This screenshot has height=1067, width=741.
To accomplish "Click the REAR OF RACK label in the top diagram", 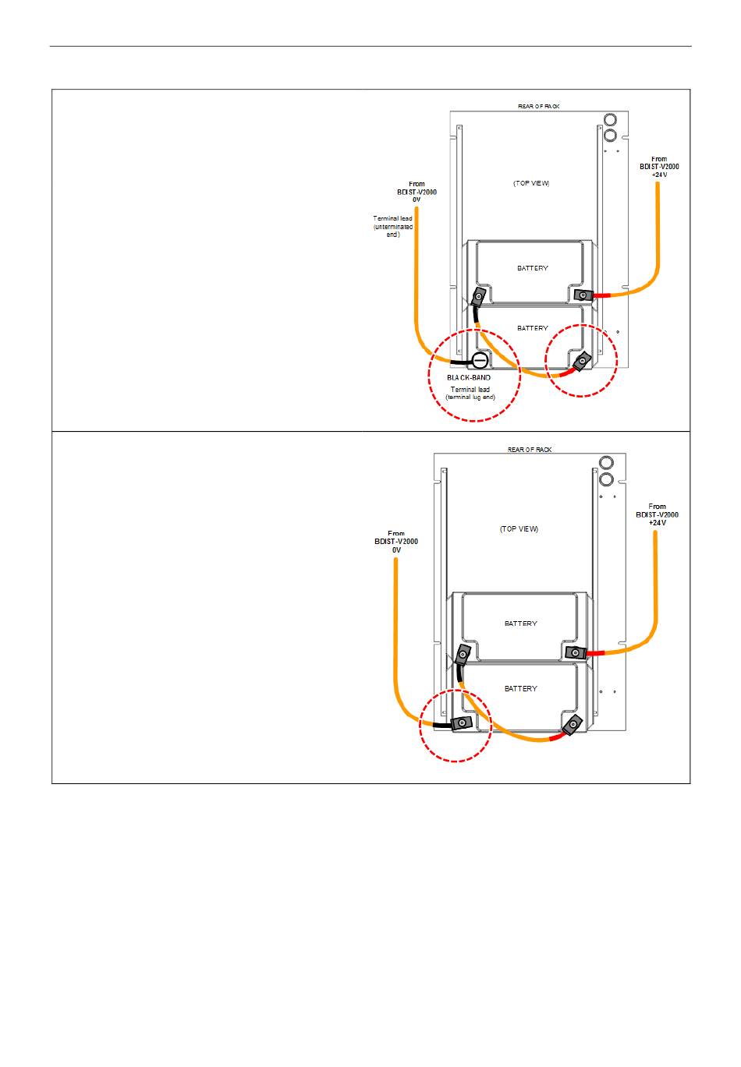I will pyautogui.click(x=539, y=106).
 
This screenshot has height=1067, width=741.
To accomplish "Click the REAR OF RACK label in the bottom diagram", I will pyautogui.click(x=530, y=450).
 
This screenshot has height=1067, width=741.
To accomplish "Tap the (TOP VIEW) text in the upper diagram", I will pyautogui.click(x=531, y=183).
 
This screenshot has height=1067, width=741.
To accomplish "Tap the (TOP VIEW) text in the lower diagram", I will pyautogui.click(x=519, y=528).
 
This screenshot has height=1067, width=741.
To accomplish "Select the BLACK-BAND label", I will pyautogui.click(x=470, y=377).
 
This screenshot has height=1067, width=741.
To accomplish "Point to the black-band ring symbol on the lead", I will pyautogui.click(x=480, y=360).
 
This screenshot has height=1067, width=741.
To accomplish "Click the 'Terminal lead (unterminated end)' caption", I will pyautogui.click(x=393, y=226).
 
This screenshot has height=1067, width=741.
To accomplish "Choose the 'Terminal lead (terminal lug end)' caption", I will pyautogui.click(x=470, y=393).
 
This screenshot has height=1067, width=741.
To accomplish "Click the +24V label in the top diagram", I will pyautogui.click(x=659, y=175).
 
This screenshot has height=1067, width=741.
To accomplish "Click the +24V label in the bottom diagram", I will pyautogui.click(x=658, y=523).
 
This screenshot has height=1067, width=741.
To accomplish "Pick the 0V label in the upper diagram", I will pyautogui.click(x=417, y=200).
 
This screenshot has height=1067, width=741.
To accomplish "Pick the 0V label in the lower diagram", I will pyautogui.click(x=396, y=549).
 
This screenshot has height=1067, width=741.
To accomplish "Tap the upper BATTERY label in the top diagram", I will pyautogui.click(x=533, y=268).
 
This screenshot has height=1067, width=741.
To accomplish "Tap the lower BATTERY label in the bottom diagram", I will pyautogui.click(x=520, y=689).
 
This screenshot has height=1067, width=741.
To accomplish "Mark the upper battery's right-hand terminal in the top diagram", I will pyautogui.click(x=581, y=295).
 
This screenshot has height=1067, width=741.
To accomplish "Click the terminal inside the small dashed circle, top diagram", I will pyautogui.click(x=582, y=362).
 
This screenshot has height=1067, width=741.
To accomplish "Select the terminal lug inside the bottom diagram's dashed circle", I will pyautogui.click(x=461, y=723).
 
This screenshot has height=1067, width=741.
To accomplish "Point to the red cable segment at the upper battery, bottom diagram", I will pyautogui.click(x=596, y=652).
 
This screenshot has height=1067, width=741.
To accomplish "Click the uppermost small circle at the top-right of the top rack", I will pyautogui.click(x=610, y=118).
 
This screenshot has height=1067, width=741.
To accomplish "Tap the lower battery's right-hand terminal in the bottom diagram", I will pyautogui.click(x=573, y=726).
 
